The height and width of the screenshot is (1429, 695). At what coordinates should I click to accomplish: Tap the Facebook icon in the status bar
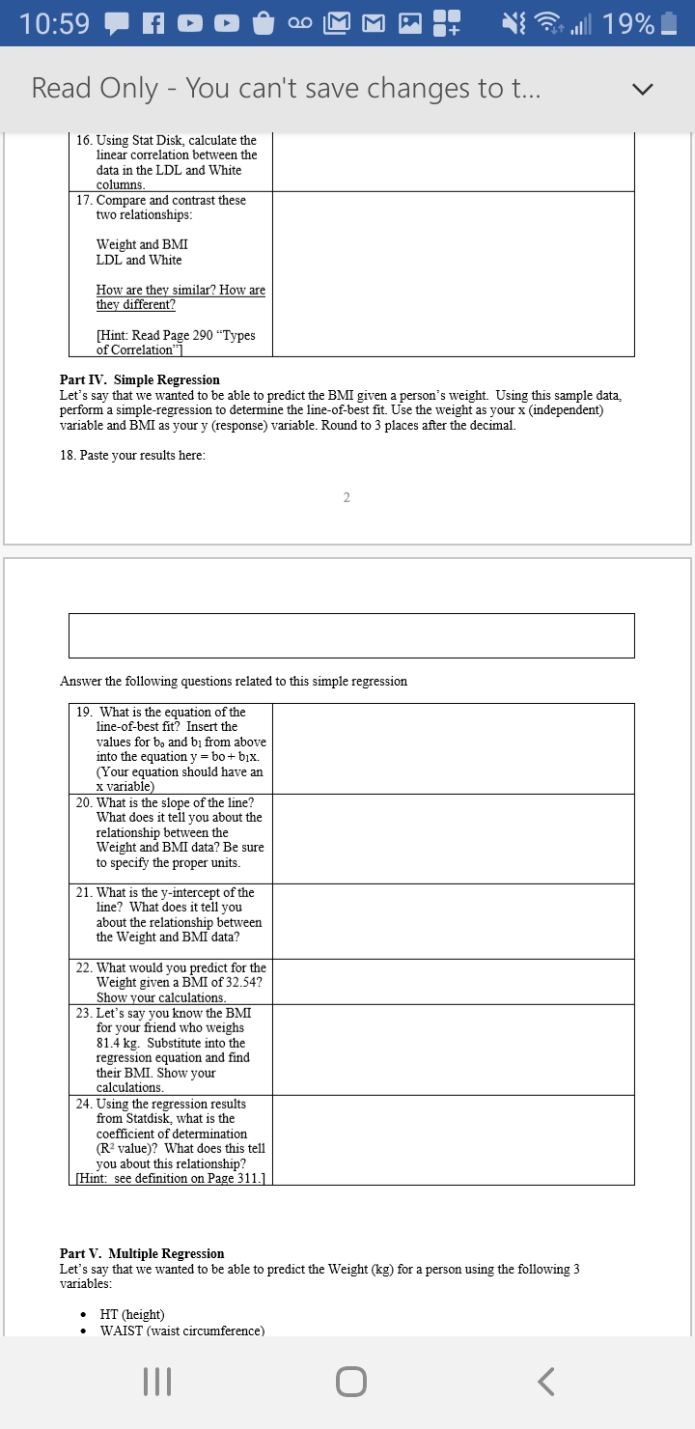154,25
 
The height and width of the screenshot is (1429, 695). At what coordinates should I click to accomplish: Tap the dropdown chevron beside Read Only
642,89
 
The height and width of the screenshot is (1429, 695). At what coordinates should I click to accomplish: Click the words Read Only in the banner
95,89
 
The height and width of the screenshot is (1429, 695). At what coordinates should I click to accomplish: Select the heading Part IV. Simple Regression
140,379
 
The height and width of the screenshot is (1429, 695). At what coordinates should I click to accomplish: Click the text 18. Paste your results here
132,455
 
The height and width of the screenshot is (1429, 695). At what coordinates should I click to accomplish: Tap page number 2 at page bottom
347,497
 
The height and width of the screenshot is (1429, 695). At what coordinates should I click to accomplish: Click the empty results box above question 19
351,635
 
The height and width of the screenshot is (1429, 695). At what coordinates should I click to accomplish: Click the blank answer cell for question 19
453,748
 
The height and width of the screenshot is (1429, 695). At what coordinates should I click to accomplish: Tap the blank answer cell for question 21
453,921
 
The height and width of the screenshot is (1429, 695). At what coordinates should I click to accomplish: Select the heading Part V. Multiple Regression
142,1253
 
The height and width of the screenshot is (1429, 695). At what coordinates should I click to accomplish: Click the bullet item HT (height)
132,1314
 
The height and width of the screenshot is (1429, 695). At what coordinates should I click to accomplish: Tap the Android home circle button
351,1383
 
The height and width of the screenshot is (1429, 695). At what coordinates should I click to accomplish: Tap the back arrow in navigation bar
545,1383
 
